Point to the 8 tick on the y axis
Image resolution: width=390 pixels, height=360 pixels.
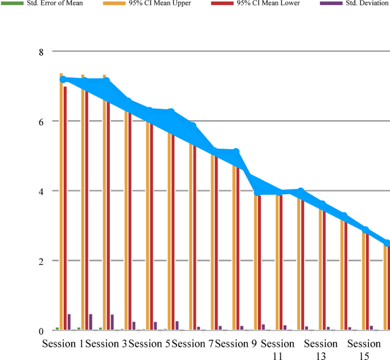tap(40, 52)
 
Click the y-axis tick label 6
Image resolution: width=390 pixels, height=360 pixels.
tap(40, 121)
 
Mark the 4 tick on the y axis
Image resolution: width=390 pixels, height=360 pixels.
tap(40, 191)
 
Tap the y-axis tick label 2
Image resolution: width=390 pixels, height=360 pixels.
tap(40, 261)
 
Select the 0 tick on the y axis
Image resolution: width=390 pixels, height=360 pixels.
tap(40, 331)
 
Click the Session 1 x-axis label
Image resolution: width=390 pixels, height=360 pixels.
tap(63, 344)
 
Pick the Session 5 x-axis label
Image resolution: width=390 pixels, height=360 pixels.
tap(149, 344)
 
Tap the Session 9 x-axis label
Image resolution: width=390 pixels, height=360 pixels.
tap(235, 344)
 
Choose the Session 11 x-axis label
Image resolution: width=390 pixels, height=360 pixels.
tap(278, 349)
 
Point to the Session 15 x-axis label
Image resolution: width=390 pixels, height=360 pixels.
tap(364, 349)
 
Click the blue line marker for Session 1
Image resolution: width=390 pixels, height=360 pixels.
tap(63, 80)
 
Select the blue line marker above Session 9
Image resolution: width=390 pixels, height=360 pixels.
tap(236, 152)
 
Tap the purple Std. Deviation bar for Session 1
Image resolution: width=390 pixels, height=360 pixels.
tap(69, 322)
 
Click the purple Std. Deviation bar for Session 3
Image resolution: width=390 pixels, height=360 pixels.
tap(112, 322)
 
